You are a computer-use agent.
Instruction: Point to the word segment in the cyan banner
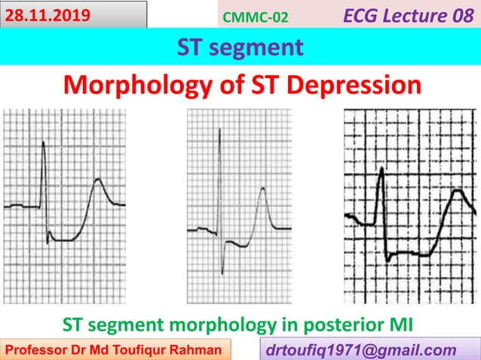pyautogui.click(x=262, y=47)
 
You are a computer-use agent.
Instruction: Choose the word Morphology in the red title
pyautogui.click(x=133, y=84)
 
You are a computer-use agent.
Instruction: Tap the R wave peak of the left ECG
pyautogui.click(x=44, y=144)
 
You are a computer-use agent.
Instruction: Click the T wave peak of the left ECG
pyautogui.click(x=98, y=179)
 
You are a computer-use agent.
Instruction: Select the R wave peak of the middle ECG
pyautogui.click(x=219, y=130)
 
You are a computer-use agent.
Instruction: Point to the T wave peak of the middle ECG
pyautogui.click(x=262, y=188)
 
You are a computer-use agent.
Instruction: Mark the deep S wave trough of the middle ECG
pyautogui.click(x=222, y=273)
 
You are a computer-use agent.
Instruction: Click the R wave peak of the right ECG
pyautogui.click(x=383, y=169)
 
